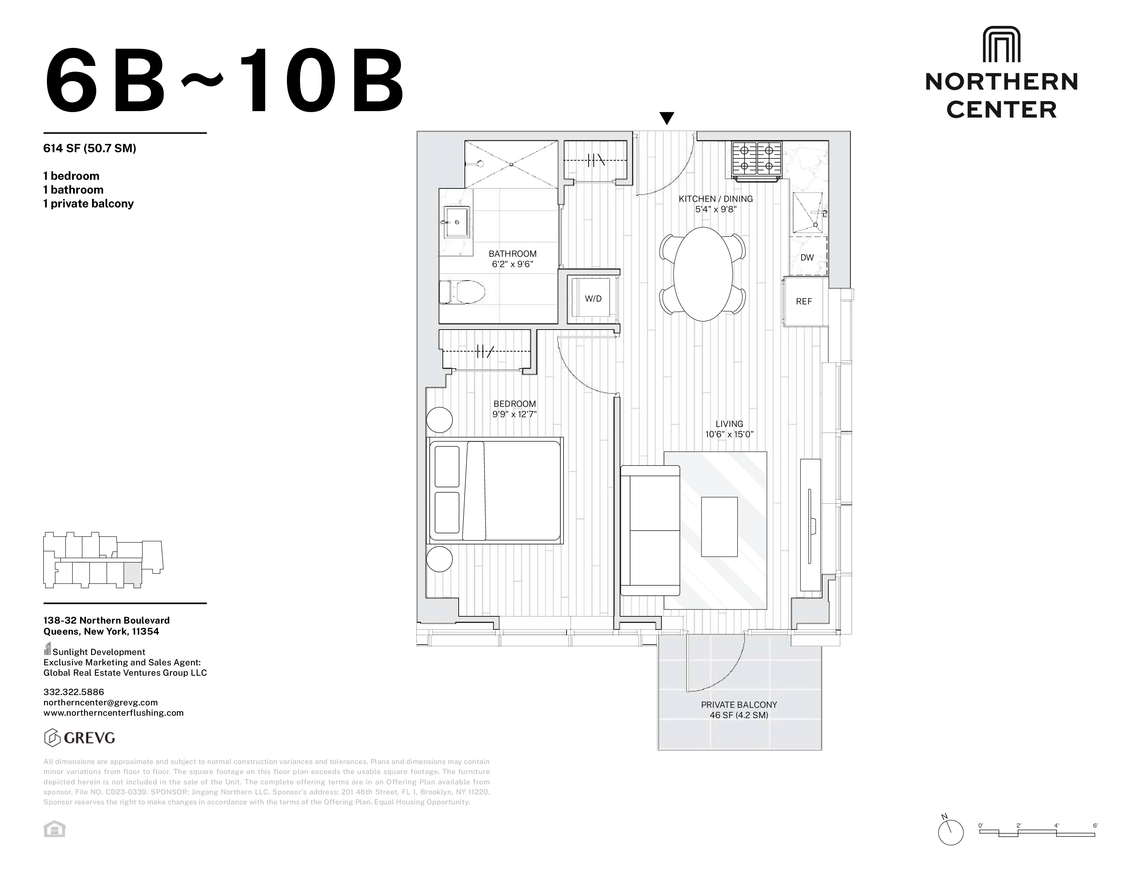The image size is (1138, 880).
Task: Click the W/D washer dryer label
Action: [593, 299]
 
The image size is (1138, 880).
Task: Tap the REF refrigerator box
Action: [804, 301]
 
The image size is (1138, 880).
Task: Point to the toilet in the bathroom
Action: [462, 292]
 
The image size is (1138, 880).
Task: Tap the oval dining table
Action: [703, 274]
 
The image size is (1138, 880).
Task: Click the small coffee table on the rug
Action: [719, 527]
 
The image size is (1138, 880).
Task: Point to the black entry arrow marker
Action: [667, 118]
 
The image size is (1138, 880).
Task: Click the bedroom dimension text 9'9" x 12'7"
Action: [514, 414]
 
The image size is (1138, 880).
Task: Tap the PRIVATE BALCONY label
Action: [739, 705]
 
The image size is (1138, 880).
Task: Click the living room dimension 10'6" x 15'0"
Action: [729, 434]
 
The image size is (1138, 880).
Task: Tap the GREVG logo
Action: [79, 738]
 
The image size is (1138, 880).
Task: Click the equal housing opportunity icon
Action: [54, 829]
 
